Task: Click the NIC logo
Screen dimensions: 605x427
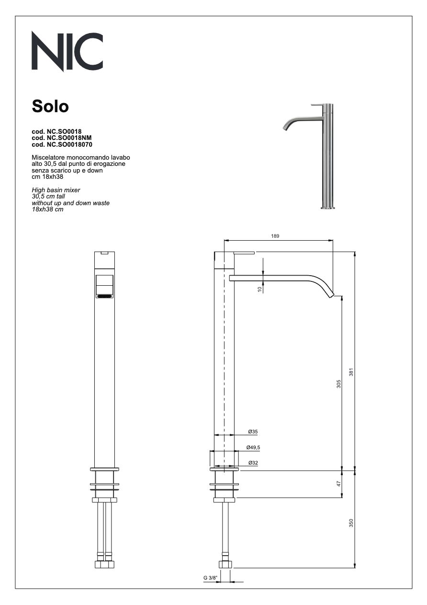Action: [x=67, y=51]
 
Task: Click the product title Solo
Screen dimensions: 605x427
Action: [x=50, y=106]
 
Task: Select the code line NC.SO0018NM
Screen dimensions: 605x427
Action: [x=61, y=137]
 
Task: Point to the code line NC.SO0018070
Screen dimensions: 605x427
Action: [x=62, y=144]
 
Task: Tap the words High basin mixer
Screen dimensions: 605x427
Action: [x=56, y=190]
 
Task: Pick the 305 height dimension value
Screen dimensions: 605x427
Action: [x=338, y=384]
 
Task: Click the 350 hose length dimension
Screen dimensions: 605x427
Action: [x=351, y=523]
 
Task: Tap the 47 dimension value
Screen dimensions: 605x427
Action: [x=338, y=484]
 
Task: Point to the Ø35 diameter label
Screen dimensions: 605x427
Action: [x=253, y=432]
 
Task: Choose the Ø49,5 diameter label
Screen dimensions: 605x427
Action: [x=253, y=447]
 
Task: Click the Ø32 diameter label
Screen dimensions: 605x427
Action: [x=253, y=463]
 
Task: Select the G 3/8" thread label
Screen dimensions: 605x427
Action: [x=210, y=578]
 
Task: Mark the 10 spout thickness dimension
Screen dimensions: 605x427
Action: [x=259, y=289]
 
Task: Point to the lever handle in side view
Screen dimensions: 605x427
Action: [x=244, y=252]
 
